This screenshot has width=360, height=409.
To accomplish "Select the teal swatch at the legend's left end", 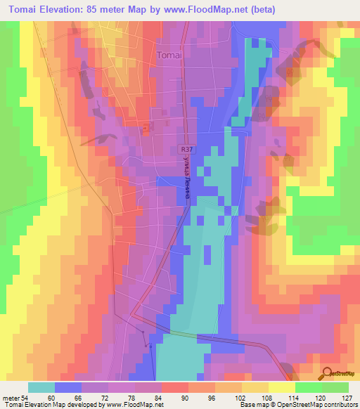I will click(x=41, y=387).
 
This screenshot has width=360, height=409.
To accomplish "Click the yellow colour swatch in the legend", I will click(x=281, y=387).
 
